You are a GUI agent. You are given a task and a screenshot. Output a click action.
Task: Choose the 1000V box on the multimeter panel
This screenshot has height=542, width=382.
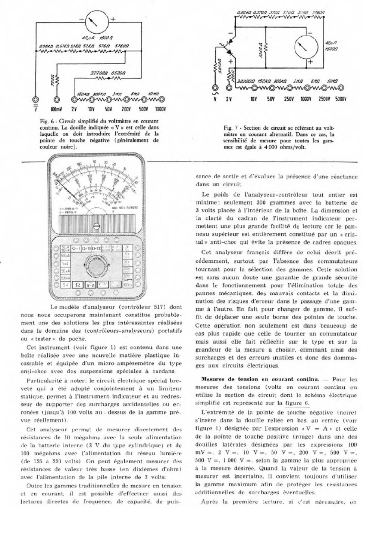tap(128, 285)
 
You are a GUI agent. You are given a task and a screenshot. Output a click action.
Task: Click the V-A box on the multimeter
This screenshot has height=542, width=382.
tap(91, 285)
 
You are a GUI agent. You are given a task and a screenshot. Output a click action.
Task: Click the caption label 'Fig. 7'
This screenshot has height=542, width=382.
tap(229, 128)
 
